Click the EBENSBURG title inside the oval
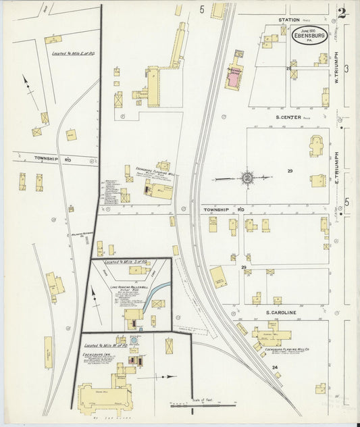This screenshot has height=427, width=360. (x=311, y=35)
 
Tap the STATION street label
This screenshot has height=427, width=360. (x=288, y=20)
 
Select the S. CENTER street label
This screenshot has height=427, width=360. (x=288, y=116)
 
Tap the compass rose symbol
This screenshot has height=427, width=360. (x=247, y=178)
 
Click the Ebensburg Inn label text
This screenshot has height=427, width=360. (x=97, y=353)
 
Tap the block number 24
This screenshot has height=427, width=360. (x=275, y=367)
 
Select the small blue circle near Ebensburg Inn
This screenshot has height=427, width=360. (x=134, y=340)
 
